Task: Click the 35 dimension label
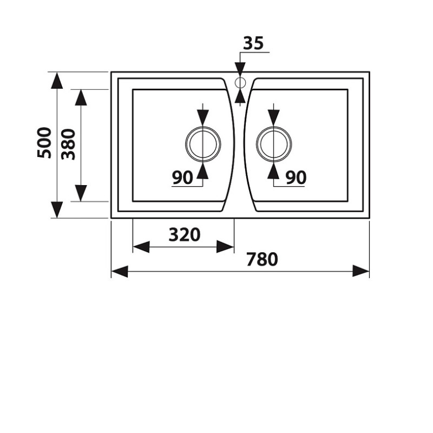[253, 43]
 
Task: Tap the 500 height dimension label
[44, 142]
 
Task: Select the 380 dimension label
[68, 144]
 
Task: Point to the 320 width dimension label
[185, 235]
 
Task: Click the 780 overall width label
[262, 259]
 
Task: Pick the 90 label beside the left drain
[182, 178]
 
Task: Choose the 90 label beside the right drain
[296, 178]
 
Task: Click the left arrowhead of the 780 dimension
[120, 272]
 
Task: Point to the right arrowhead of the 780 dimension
[361, 271]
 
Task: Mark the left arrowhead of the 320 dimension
[141, 247]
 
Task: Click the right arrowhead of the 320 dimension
[225, 247]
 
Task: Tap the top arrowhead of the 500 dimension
[57, 80]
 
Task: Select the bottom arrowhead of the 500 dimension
[57, 209]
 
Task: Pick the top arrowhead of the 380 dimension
[81, 98]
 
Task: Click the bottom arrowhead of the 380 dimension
[81, 193]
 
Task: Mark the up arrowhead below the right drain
[273, 170]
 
